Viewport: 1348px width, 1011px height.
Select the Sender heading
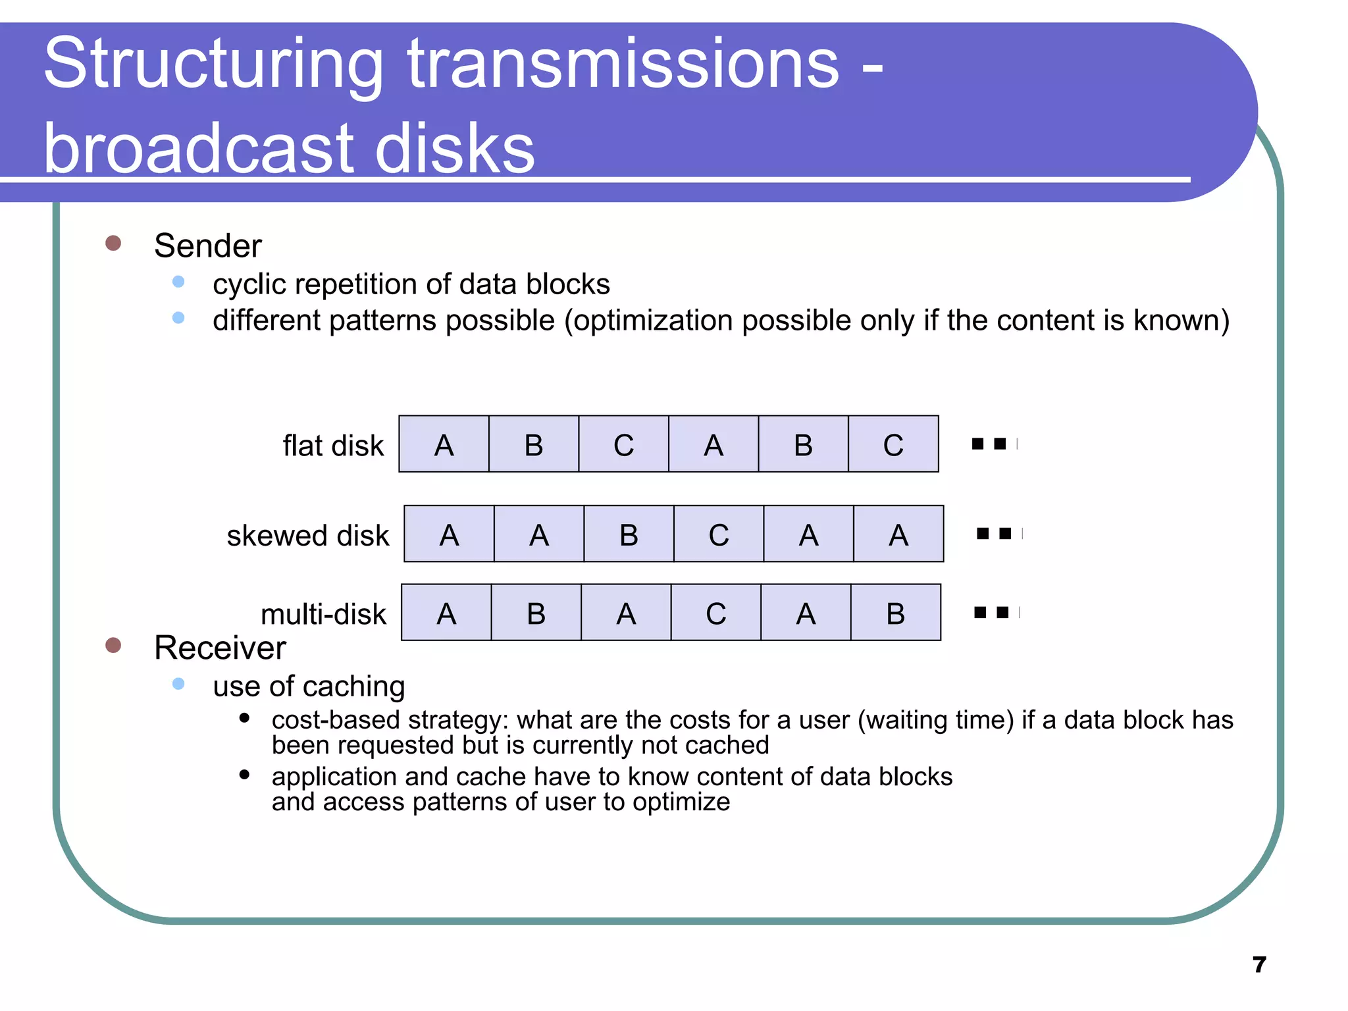[x=207, y=246]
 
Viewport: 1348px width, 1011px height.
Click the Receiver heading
[x=220, y=648]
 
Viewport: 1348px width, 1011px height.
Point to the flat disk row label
[x=332, y=446]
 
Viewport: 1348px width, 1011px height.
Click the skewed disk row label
[x=307, y=535]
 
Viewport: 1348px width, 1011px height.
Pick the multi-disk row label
[x=323, y=614]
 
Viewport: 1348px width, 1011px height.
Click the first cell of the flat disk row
[x=444, y=444]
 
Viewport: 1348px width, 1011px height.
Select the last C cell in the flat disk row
[x=893, y=444]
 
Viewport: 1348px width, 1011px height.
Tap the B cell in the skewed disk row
[x=629, y=534]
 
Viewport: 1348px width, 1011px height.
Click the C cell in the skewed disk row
[x=719, y=534]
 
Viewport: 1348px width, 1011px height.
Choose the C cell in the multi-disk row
[x=716, y=613]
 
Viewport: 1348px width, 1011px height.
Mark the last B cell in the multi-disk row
[x=895, y=613]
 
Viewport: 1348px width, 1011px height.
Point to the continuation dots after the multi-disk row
[x=995, y=613]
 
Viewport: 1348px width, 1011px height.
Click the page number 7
[x=1259, y=965]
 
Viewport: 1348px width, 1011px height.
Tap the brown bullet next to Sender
[x=113, y=244]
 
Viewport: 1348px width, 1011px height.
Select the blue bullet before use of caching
[x=178, y=684]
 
